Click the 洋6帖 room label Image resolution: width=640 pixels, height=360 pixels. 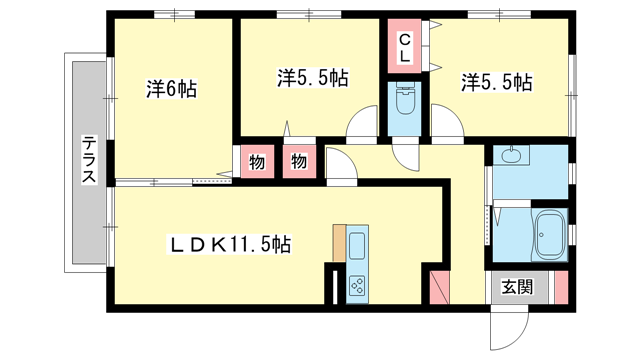pos(171,88)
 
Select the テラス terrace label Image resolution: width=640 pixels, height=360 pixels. pos(89,160)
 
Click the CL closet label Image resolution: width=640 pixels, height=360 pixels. pos(405,49)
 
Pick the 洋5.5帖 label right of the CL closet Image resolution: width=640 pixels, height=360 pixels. pos(495,82)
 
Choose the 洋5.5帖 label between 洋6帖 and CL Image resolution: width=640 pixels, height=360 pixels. pos(312,77)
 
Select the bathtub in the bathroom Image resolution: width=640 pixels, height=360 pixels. pos(549,237)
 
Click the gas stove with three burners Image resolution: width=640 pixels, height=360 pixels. pos(358,286)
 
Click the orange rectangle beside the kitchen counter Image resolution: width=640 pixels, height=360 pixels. pos(339,243)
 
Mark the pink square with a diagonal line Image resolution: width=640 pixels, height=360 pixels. pos(438,286)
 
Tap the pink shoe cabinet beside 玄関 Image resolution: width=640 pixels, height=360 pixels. pos(559,288)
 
